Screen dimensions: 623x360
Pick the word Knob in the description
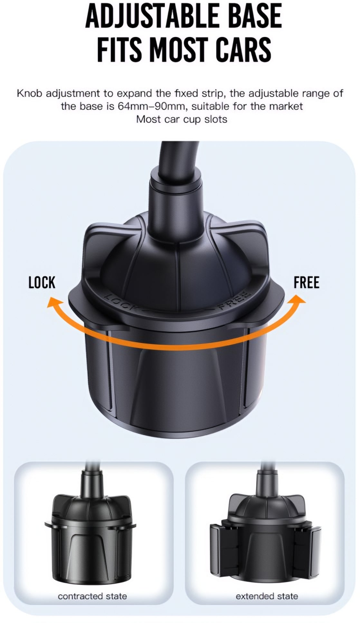pyautogui.click(x=30, y=94)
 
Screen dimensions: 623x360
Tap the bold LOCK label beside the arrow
pyautogui.click(x=42, y=282)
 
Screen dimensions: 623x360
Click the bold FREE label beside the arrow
pyautogui.click(x=306, y=282)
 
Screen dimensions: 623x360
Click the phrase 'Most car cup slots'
pyautogui.click(x=182, y=119)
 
